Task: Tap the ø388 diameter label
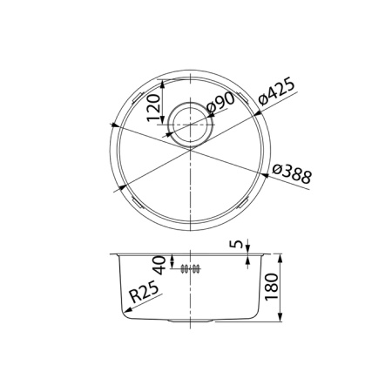coord(291,172)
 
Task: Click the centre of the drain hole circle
coord(189,121)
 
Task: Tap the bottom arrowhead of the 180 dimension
coord(280,319)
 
